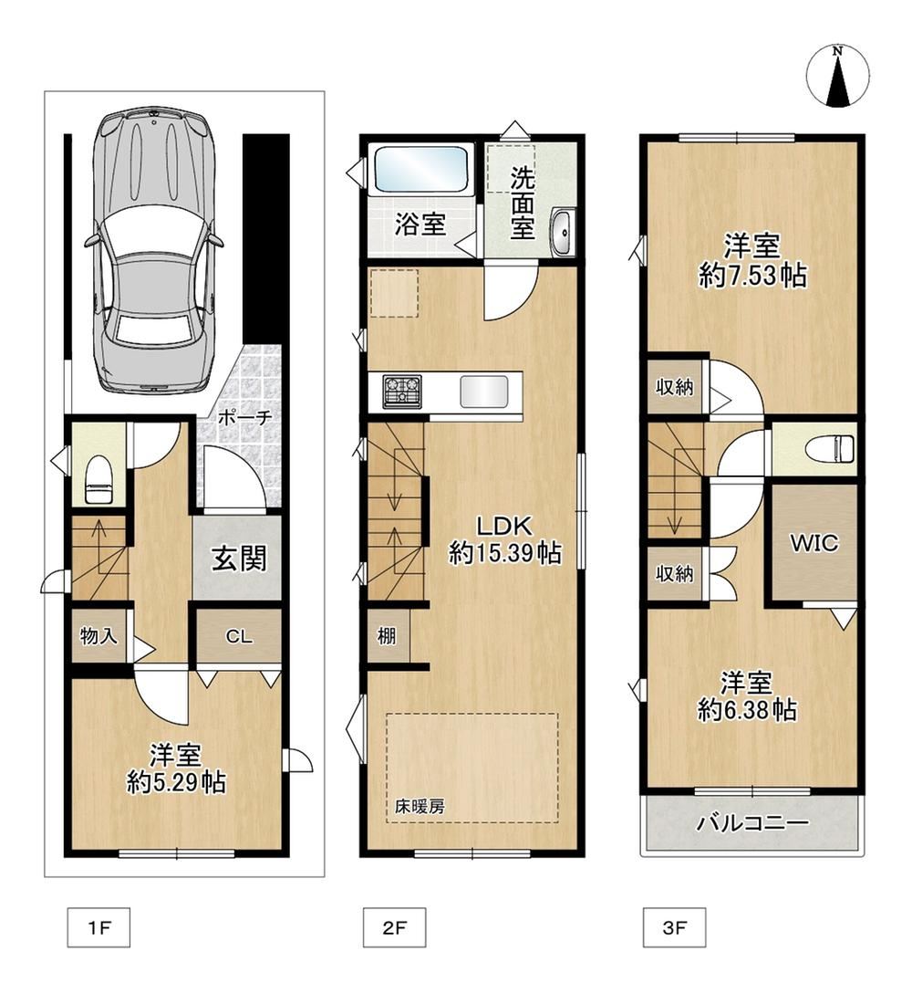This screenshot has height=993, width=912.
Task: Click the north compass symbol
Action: pyautogui.click(x=837, y=76)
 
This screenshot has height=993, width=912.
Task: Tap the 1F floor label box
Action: pyautogui.click(x=98, y=928)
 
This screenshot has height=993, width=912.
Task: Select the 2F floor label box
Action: pyautogui.click(x=394, y=928)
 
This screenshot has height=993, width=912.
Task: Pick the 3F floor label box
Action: pyautogui.click(x=675, y=928)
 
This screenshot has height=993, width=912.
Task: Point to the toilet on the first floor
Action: pyautogui.click(x=98, y=480)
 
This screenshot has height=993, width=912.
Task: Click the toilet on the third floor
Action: pyautogui.click(x=830, y=451)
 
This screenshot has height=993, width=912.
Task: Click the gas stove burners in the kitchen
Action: pyautogui.click(x=402, y=389)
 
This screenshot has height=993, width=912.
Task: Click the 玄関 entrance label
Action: pyautogui.click(x=239, y=558)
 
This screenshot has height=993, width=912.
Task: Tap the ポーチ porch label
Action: pyautogui.click(x=245, y=417)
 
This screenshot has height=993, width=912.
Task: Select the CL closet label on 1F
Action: pyautogui.click(x=239, y=636)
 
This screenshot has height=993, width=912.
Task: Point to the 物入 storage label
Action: pyautogui.click(x=98, y=635)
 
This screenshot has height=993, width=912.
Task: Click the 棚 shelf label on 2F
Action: pyautogui.click(x=387, y=634)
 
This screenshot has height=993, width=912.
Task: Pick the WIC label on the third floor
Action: pyautogui.click(x=814, y=543)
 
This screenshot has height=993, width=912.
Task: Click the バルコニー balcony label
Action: pyautogui.click(x=752, y=823)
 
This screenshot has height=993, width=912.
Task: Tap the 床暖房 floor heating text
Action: pyautogui.click(x=420, y=807)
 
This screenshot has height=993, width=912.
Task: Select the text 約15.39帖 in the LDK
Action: pyautogui.click(x=505, y=553)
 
